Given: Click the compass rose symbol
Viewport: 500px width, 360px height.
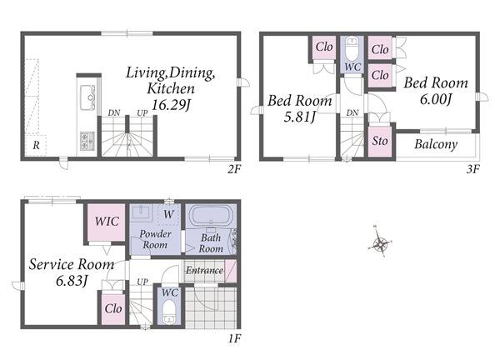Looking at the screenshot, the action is pos(380,243).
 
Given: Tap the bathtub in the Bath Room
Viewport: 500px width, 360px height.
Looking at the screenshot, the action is pos(211,216).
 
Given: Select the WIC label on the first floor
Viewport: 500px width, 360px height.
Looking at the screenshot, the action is pos(107,221).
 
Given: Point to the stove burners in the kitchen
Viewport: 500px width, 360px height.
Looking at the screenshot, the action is pos(87,141).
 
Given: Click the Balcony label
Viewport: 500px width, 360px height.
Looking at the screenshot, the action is pos(436,144).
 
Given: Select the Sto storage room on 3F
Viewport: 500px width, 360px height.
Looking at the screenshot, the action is pos(380,142).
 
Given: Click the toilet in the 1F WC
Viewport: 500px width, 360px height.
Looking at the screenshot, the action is pos(168,312).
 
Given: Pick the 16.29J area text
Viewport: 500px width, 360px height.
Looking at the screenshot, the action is pos(171,105).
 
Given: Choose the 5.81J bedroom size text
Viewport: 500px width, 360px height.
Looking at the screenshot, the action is pos(300,117).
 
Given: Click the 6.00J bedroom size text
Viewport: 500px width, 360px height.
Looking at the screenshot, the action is pos(436,99).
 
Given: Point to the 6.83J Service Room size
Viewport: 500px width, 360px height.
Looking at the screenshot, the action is pos(72,281).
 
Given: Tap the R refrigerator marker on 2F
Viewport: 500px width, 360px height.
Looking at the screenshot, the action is pos(36,145).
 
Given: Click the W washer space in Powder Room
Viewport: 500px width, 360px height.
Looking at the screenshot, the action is pos(168,213).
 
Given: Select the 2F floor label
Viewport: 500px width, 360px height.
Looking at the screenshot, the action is pos(233,169).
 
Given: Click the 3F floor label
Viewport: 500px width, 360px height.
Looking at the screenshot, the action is pos(472,169).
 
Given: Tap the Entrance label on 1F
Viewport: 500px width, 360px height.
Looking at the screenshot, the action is pos(204,270).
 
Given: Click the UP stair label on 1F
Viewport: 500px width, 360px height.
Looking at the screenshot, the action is pos(142,282).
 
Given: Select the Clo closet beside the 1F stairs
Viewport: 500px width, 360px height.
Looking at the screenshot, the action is pos(113,308).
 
